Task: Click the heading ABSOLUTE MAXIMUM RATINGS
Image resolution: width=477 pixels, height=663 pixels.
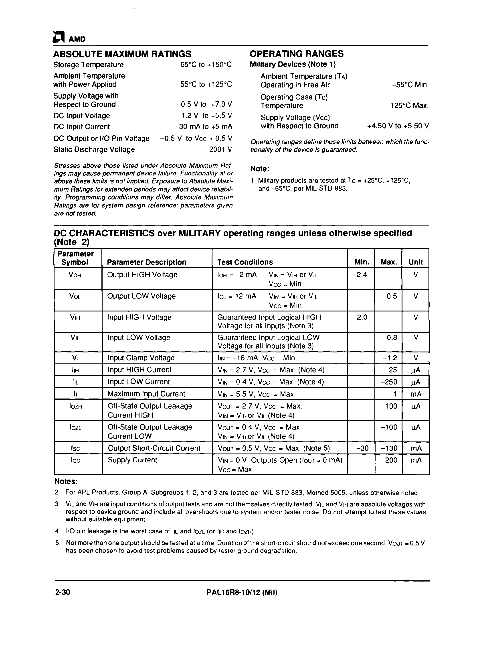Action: pos(122,54)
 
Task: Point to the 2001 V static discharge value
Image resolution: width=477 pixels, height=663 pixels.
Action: pos(220,149)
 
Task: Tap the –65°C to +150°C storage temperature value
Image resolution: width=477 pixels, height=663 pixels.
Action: pos(204,65)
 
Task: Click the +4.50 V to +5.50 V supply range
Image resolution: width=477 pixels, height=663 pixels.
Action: pos(398,126)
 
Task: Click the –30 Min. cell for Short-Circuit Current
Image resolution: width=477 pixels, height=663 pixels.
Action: pos(362,448)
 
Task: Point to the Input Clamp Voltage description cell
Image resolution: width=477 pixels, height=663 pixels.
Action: pos(141,358)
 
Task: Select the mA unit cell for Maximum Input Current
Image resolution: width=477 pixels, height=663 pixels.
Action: pos(416,394)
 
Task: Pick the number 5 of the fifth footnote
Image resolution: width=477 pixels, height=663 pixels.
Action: pos(57,543)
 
